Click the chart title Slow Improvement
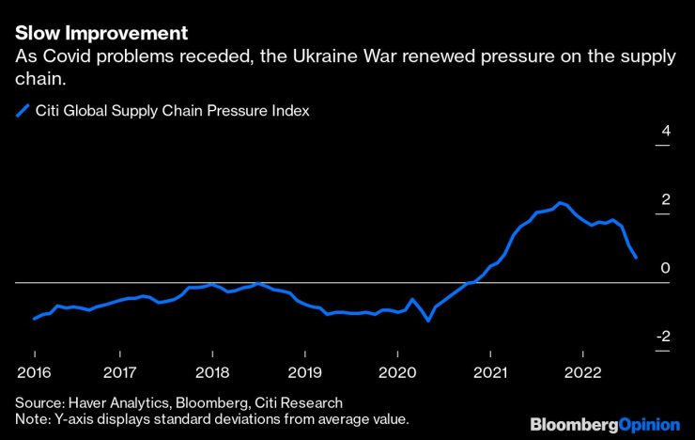tap(101, 33)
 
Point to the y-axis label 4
tap(666, 132)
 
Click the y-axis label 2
tap(666, 199)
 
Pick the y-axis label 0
tap(666, 268)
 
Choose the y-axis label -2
tap(663, 337)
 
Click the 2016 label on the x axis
tap(34, 372)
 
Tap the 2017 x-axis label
tap(121, 372)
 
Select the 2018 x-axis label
tap(213, 372)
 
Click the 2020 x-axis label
tap(396, 372)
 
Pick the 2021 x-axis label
tap(489, 372)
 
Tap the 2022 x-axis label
tap(581, 372)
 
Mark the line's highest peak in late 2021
tap(559, 202)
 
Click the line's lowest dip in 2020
tap(428, 321)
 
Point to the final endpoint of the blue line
tap(637, 257)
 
